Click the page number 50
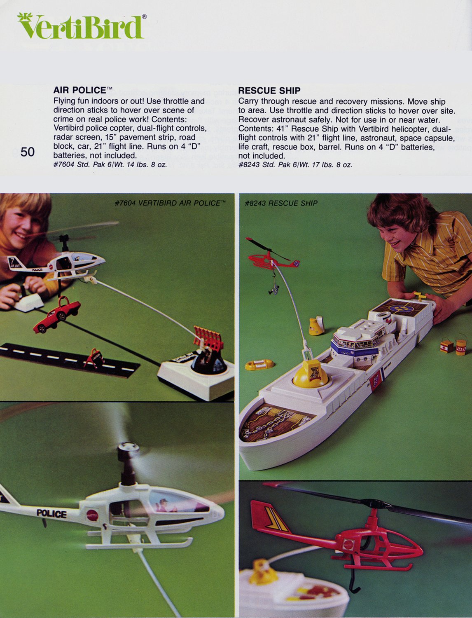(x=28, y=152)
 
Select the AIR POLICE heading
(x=80, y=90)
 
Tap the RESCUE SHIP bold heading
(x=269, y=91)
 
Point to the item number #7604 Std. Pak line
(x=110, y=165)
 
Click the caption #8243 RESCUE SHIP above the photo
(x=281, y=203)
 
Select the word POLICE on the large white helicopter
(x=51, y=513)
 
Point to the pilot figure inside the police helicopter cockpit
(x=164, y=505)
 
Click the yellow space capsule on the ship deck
(x=311, y=373)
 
